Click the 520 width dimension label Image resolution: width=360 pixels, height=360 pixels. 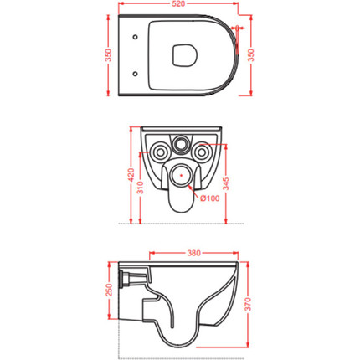click(x=178, y=3)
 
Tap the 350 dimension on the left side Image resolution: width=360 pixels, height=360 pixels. click(x=108, y=55)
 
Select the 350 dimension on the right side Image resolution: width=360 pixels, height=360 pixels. click(x=251, y=55)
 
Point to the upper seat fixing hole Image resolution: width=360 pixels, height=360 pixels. click(x=135, y=37)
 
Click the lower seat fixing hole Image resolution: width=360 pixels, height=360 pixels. click(x=135, y=74)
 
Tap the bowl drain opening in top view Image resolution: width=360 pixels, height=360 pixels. click(x=185, y=55)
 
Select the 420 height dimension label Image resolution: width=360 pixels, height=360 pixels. click(x=131, y=175)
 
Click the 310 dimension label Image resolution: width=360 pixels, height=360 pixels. click(x=141, y=188)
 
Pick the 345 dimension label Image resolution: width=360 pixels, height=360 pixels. click(x=226, y=183)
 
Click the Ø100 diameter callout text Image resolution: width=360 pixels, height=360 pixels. click(x=210, y=198)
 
